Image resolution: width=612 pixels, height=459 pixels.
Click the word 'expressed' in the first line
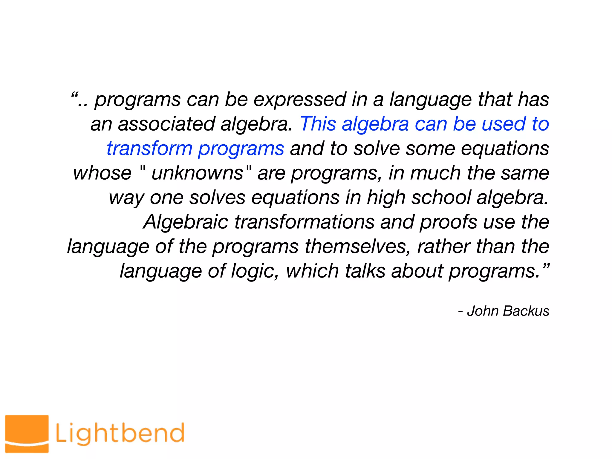[300, 100]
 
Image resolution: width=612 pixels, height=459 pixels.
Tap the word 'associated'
[166, 124]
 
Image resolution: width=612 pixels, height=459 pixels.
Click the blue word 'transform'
[149, 149]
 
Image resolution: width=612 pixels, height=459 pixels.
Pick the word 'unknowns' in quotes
[197, 173]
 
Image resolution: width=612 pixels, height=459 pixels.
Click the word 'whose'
[102, 173]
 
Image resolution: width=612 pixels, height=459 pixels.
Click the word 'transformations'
[304, 222]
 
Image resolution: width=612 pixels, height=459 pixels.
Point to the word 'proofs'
[448, 222]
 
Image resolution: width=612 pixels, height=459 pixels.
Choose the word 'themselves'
[358, 247]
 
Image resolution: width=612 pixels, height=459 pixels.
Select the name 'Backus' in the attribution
[526, 311]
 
